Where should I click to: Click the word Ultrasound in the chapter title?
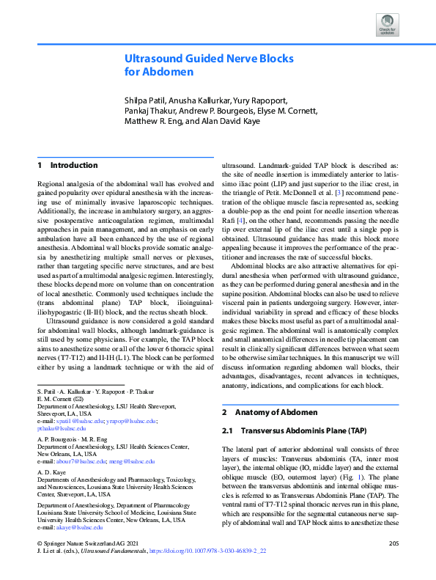[x=155, y=58]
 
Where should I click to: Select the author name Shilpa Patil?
[x=149, y=100]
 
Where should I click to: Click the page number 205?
[x=392, y=543]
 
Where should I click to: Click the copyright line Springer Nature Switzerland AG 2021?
[x=81, y=543]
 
